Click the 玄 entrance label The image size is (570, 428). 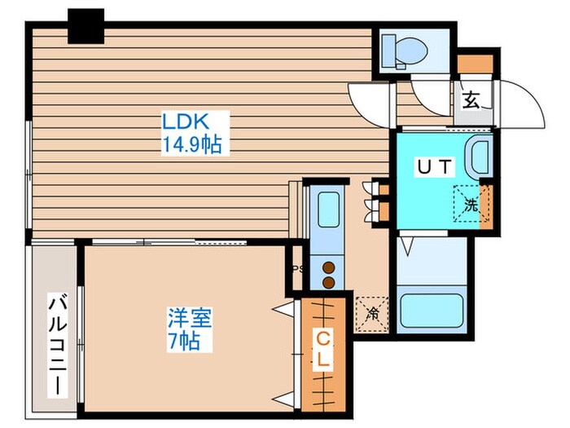tap(470, 101)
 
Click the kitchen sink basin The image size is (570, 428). tap(329, 210)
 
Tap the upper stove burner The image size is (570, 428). tap(330, 265)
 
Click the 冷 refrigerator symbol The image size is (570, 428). tap(372, 311)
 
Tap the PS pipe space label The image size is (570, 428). tap(297, 267)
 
